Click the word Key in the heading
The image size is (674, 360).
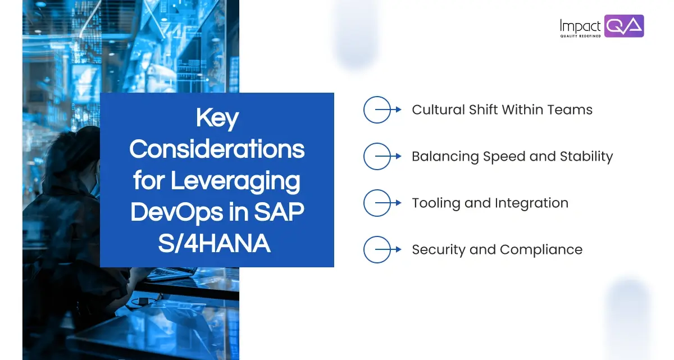tap(217, 119)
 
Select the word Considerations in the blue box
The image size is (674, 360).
tap(217, 150)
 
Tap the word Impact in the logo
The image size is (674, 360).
tap(580, 25)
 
